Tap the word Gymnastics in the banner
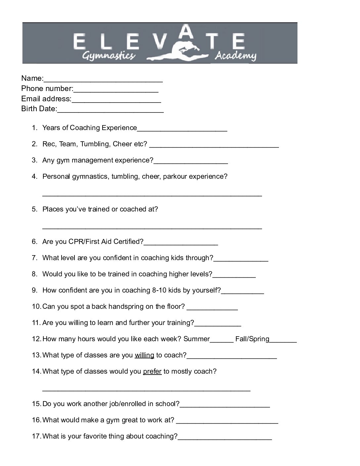(109, 56)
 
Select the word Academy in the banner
(235, 56)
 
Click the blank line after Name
(103, 79)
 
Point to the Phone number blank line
(116, 89)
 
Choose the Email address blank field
(116, 100)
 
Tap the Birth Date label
(39, 109)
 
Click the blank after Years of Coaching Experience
(182, 129)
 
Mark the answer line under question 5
(152, 227)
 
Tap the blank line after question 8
(234, 275)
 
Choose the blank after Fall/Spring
(283, 340)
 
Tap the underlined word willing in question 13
(144, 355)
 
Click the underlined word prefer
(152, 371)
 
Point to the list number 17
(36, 436)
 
